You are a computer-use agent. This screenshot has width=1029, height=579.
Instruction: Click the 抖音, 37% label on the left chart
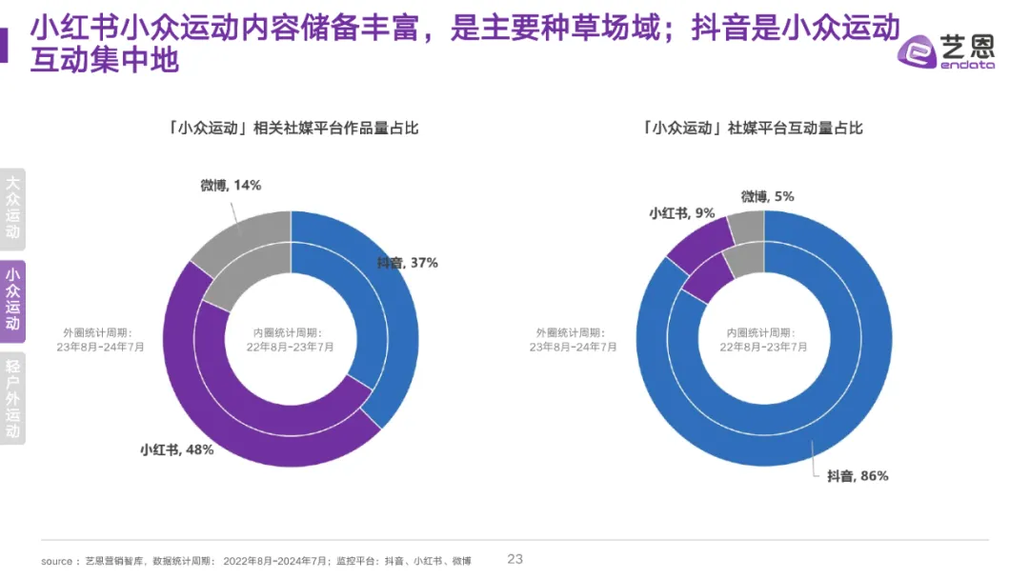click(x=407, y=263)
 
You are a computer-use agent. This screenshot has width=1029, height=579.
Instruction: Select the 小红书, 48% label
click(x=176, y=449)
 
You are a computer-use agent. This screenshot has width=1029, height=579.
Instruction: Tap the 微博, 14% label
click(x=231, y=185)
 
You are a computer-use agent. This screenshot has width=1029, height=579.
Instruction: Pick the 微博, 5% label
click(x=767, y=196)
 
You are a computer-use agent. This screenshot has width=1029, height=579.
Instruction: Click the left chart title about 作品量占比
click(x=293, y=128)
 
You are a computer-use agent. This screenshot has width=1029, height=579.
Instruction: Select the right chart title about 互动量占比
click(x=754, y=128)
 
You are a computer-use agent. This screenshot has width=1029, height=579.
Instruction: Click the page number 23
click(x=515, y=559)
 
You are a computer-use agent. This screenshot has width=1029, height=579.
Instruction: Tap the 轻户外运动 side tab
click(x=12, y=399)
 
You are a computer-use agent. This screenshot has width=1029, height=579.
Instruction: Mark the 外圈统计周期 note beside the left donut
click(x=100, y=340)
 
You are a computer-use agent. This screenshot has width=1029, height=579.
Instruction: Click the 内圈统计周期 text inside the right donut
click(x=764, y=340)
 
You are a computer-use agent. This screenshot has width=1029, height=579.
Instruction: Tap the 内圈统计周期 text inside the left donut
click(x=291, y=340)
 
